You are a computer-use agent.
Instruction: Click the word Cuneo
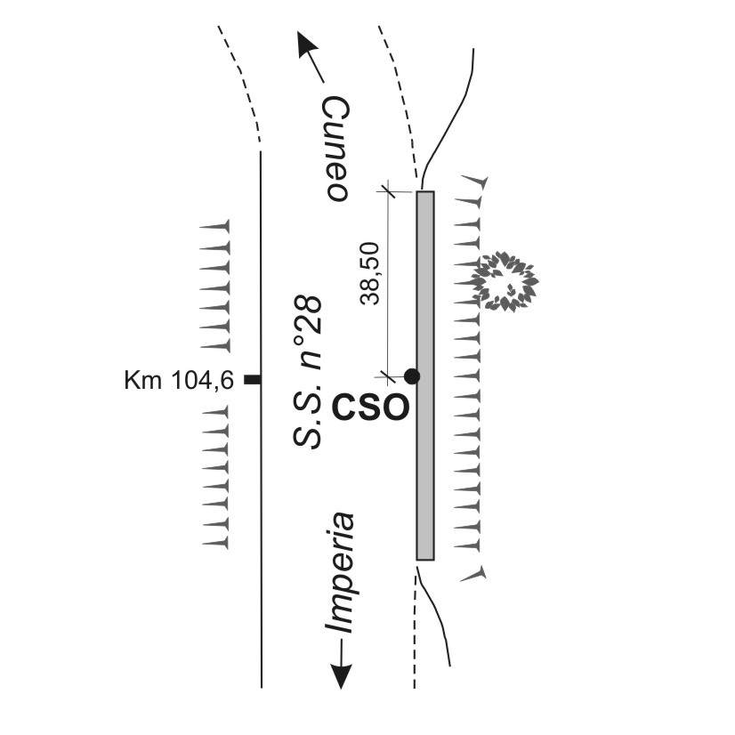pyautogui.click(x=334, y=149)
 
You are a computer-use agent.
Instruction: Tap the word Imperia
pyautogui.click(x=339, y=573)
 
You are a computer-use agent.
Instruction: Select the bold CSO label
pyautogui.click(x=371, y=408)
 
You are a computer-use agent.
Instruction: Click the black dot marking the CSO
pyautogui.click(x=411, y=376)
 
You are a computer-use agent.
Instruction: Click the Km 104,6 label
pyautogui.click(x=179, y=381)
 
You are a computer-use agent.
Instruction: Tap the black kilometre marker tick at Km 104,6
pyautogui.click(x=253, y=381)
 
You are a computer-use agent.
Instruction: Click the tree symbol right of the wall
pyautogui.click(x=505, y=281)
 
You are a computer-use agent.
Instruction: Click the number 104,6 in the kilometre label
pyautogui.click(x=202, y=381)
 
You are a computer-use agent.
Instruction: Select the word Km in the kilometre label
pyautogui.click(x=143, y=381)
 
